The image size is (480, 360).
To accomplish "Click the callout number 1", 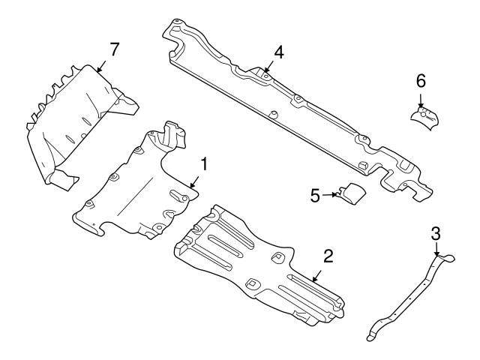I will pos(202,162).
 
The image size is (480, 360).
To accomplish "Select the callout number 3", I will pos(436,233).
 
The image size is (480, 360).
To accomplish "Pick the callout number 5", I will pos(315,196).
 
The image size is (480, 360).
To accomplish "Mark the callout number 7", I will pos(114,49).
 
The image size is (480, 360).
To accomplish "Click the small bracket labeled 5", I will pos(351,193).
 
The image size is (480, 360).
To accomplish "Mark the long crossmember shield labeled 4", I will pos(300,112).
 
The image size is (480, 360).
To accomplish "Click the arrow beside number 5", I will pos(331,196).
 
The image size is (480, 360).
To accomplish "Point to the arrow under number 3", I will pos(436,250).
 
